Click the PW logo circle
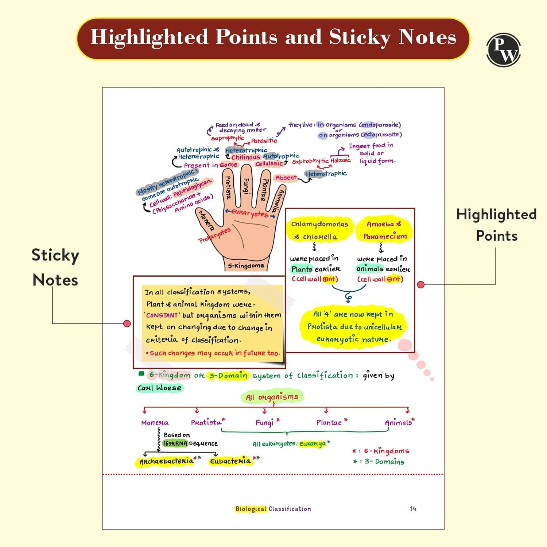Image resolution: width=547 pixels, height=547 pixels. click(504, 50)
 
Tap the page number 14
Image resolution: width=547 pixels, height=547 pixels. click(413, 508)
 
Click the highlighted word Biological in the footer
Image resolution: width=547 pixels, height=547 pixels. click(251, 509)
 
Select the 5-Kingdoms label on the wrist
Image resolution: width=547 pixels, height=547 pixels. click(246, 265)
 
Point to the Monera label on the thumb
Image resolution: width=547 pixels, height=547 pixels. click(206, 220)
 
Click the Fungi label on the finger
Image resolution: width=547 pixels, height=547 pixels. click(246, 186)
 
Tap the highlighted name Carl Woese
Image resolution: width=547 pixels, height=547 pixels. click(159, 388)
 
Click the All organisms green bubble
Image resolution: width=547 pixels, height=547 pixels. click(272, 397)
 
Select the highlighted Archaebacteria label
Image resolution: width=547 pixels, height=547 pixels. click(166, 462)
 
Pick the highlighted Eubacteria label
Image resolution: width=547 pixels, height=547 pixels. click(230, 461)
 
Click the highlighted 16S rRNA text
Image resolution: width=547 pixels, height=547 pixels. click(175, 443)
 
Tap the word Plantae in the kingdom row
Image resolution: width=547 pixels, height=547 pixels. click(329, 422)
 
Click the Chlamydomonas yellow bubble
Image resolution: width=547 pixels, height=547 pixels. click(319, 230)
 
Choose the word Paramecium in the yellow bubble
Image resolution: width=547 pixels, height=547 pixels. click(385, 236)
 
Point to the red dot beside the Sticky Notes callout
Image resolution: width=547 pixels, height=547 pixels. click(127, 323)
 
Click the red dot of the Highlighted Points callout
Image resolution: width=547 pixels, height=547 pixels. click(420, 284)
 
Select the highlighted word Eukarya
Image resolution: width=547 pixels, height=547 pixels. click(313, 444)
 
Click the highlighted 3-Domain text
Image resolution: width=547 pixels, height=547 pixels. click(228, 375)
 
